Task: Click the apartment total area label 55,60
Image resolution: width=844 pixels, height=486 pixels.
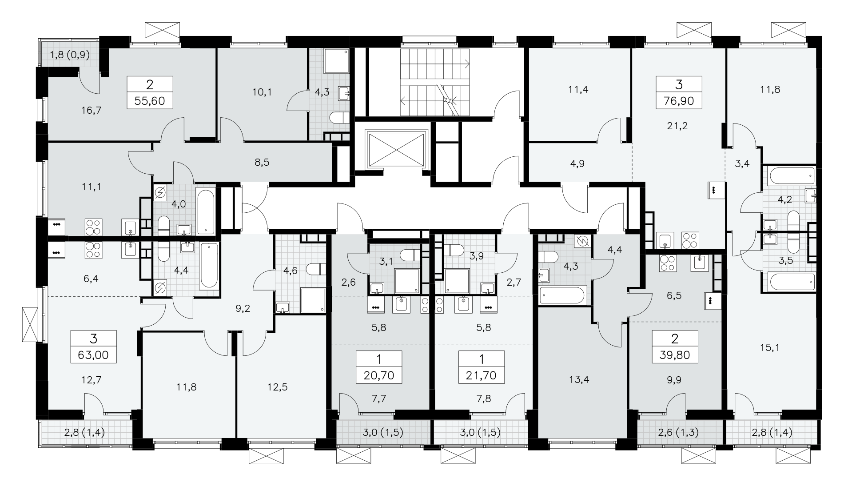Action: click(x=149, y=101)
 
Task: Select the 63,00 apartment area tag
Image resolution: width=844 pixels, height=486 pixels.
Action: click(x=93, y=355)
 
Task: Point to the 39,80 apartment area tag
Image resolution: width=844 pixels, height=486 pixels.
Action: click(x=675, y=355)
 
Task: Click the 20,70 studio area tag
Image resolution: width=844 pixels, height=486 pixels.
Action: click(x=379, y=376)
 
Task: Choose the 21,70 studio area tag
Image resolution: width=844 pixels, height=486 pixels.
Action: click(x=482, y=376)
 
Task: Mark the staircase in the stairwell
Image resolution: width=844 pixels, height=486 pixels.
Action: click(x=435, y=82)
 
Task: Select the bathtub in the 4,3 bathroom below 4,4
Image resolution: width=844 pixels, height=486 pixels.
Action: click(x=563, y=295)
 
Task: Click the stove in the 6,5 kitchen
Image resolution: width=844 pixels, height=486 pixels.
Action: click(x=668, y=264)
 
